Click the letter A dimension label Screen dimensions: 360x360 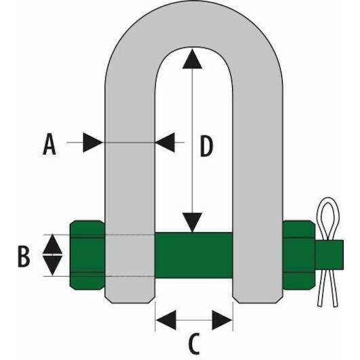tap(49, 145)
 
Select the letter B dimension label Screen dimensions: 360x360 tap(24, 257)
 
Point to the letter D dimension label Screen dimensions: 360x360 tap(206, 146)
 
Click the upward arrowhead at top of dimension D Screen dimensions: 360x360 tap(192, 60)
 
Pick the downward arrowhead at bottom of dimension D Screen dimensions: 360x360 tap(192, 223)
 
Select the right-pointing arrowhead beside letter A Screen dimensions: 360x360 tap(93, 142)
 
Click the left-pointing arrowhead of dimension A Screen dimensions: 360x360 tap(165, 142)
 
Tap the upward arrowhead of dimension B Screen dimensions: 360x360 tap(52, 244)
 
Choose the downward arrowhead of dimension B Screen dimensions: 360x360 tap(52, 265)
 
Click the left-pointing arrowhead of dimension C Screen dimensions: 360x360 tap(166, 320)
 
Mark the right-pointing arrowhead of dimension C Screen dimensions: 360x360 tap(222, 320)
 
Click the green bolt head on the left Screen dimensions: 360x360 tap(87, 255)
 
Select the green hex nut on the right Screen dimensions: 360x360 tap(299, 255)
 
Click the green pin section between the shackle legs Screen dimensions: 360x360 tap(194, 255)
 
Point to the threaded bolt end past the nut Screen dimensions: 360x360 tap(330, 255)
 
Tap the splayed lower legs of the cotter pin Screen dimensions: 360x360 tap(328, 288)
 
